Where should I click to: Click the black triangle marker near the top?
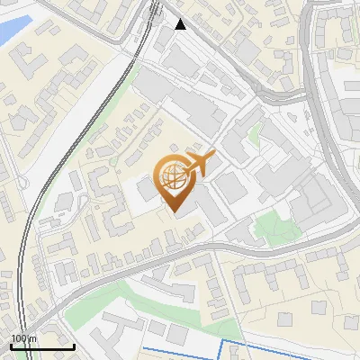click(x=181, y=24)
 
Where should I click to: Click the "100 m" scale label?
click(x=22, y=337)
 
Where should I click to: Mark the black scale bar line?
click(x=41, y=346)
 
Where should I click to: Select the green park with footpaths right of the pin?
click(x=270, y=226)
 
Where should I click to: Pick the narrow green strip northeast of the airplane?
click(x=253, y=134)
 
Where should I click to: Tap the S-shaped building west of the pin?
click(x=111, y=202)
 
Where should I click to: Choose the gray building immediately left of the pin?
click(x=145, y=190)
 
